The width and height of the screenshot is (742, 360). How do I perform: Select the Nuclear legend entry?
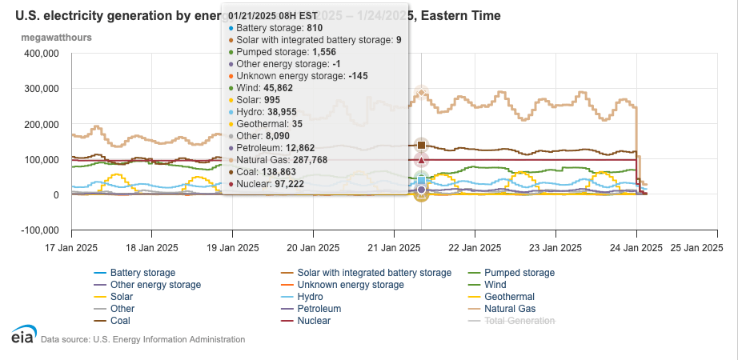pos(314,321)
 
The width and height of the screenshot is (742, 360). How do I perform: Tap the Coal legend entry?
pos(122,321)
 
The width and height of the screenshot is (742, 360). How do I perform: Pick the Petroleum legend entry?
pos(319,309)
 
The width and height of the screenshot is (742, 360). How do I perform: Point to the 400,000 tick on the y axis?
pos(42,54)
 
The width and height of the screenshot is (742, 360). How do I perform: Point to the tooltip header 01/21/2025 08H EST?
pos(277,14)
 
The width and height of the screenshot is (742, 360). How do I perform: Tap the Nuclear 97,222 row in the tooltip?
pos(273,184)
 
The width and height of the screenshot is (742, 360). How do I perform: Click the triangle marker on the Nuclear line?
pos(422,160)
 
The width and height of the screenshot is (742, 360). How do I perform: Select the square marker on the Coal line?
pos(422,145)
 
